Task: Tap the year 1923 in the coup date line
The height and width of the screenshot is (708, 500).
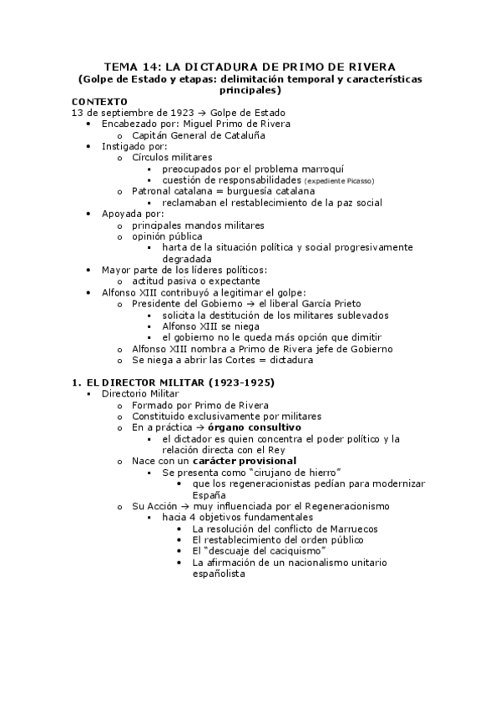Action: [174, 112]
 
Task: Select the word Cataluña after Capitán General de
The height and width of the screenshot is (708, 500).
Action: [242, 134]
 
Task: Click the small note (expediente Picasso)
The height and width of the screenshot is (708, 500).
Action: [340, 180]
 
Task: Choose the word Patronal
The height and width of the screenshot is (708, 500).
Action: [154, 191]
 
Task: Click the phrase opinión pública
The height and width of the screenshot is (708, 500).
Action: [167, 236]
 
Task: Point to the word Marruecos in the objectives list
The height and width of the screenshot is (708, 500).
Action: [349, 528]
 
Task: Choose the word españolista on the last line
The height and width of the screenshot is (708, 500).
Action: [219, 574]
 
